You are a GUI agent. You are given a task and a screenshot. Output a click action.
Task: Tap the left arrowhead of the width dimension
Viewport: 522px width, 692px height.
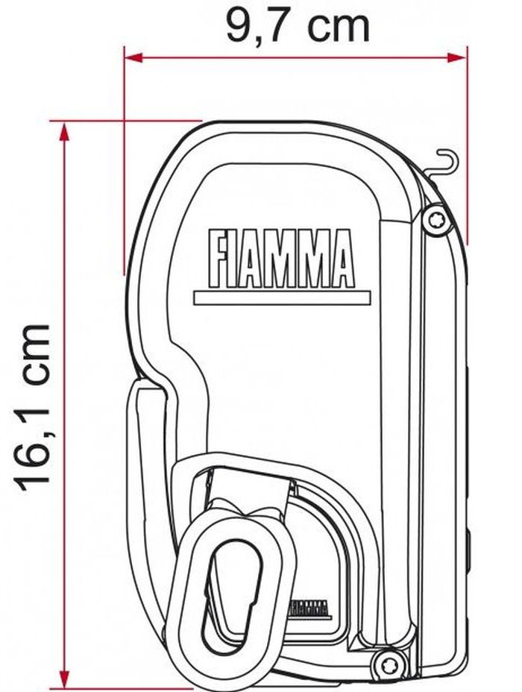point(133,57)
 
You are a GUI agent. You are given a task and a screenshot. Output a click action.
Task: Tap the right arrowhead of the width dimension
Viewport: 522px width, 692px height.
point(457,57)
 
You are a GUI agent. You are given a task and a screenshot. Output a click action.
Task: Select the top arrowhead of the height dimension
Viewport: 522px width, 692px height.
point(64,132)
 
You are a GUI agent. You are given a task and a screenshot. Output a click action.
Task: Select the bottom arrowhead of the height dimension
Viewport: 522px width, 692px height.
point(64,679)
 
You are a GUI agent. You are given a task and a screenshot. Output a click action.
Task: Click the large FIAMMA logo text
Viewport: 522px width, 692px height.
point(282,259)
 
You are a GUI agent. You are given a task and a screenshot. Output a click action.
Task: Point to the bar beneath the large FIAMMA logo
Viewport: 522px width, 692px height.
point(283,298)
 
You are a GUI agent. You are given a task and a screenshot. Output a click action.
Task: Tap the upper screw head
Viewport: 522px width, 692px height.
point(436,219)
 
